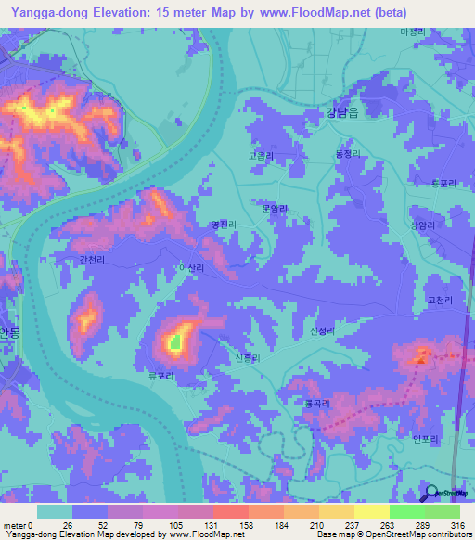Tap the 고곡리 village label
(x=261, y=158)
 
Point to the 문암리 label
(x=276, y=209)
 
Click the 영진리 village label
(x=224, y=225)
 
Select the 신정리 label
(x=320, y=330)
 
